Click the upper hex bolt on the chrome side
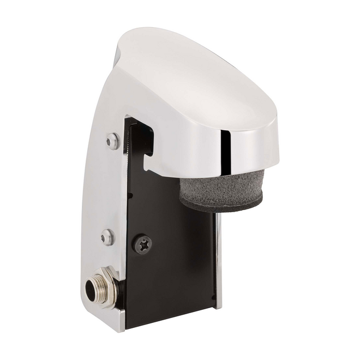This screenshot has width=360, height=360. pos(112,141)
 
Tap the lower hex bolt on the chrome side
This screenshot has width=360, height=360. pos(107,237)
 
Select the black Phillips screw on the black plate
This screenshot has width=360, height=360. pos(143,244)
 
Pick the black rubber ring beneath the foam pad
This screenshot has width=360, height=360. pos(221,203)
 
